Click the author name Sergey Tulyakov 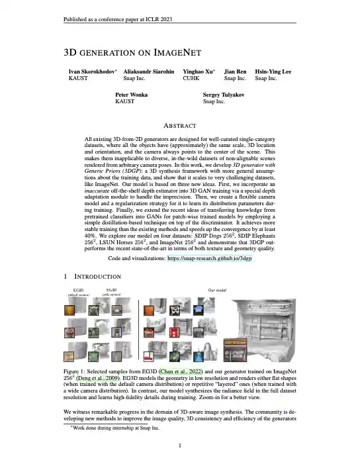[225, 95]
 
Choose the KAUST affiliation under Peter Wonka [124, 102]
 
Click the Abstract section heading [180, 126]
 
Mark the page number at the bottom [180, 445]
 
